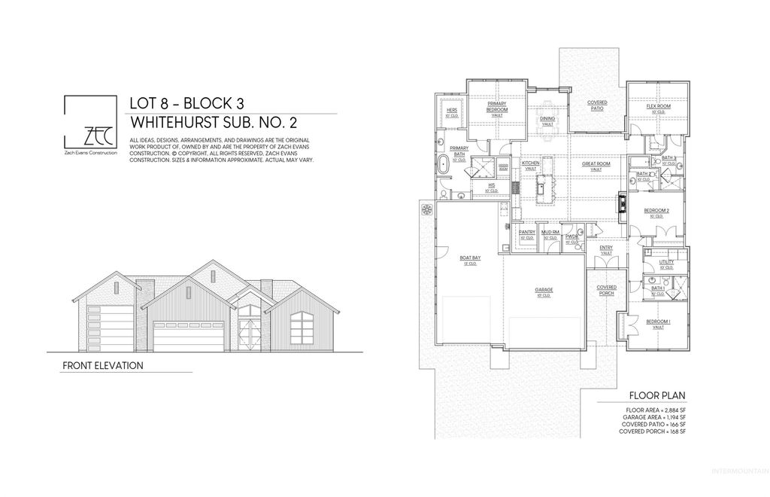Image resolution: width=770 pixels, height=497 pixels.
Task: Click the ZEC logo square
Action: pyautogui.click(x=89, y=123)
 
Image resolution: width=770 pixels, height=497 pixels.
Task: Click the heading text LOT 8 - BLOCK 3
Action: pyautogui.click(x=186, y=104)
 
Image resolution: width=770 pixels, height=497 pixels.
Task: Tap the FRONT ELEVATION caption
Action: pyautogui.click(x=104, y=365)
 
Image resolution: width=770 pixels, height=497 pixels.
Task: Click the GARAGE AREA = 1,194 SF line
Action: pyautogui.click(x=654, y=416)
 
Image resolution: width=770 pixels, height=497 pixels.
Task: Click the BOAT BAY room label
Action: pyautogui.click(x=469, y=259)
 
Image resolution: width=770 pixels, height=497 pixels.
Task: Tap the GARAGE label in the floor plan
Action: pyautogui.click(x=544, y=288)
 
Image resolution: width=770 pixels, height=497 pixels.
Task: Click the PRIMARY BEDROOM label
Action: pyautogui.click(x=497, y=107)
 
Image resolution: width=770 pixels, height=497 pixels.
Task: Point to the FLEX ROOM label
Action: pyautogui.click(x=659, y=107)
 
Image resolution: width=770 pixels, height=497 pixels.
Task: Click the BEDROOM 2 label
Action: pyautogui.click(x=656, y=211)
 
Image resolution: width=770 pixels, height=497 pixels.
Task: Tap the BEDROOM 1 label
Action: pyautogui.click(x=658, y=324)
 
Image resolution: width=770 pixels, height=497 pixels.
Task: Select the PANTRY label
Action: pyautogui.click(x=527, y=233)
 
